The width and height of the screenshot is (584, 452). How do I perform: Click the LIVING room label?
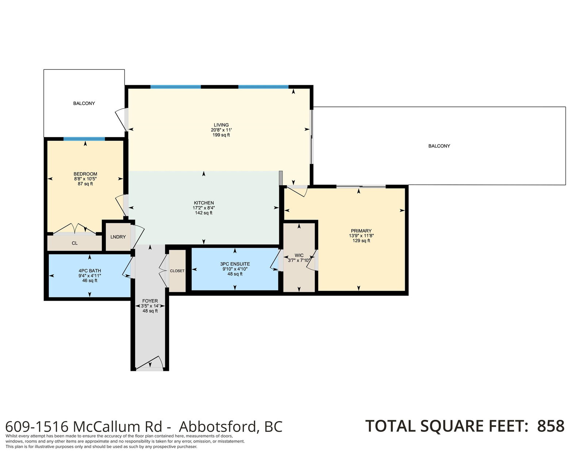point(221,125)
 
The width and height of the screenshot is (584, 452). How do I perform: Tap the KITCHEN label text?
point(204,203)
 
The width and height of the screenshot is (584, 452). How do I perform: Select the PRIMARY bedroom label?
point(361,231)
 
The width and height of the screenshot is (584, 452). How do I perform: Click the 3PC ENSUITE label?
point(235,264)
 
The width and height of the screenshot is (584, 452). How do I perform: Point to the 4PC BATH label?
point(89,271)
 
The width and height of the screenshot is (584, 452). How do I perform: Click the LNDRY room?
point(118,237)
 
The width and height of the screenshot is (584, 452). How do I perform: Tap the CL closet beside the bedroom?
point(75,243)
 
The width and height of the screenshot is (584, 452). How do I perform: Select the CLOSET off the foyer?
point(177,271)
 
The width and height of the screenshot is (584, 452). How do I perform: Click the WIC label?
point(299,255)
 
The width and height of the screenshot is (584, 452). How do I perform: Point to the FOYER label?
point(150,301)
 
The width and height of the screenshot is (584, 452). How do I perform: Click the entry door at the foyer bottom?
point(149,363)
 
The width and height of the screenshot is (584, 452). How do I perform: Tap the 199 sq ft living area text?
point(221,135)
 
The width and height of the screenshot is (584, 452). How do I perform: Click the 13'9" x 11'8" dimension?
point(361,236)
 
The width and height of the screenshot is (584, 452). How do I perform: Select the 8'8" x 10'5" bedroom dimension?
point(85,179)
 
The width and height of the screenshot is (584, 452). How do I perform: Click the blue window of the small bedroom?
point(84,139)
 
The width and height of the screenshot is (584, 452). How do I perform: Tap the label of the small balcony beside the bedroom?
point(84,103)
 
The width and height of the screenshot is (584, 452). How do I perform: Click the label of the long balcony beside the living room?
point(439,146)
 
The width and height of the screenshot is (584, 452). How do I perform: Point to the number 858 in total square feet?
point(551,426)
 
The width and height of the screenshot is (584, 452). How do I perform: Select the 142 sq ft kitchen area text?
point(204,213)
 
